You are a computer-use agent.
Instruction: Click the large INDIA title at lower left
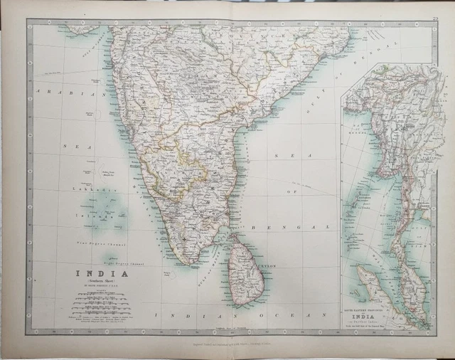coord(103,272)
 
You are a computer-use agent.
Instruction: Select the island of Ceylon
coord(245,269)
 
